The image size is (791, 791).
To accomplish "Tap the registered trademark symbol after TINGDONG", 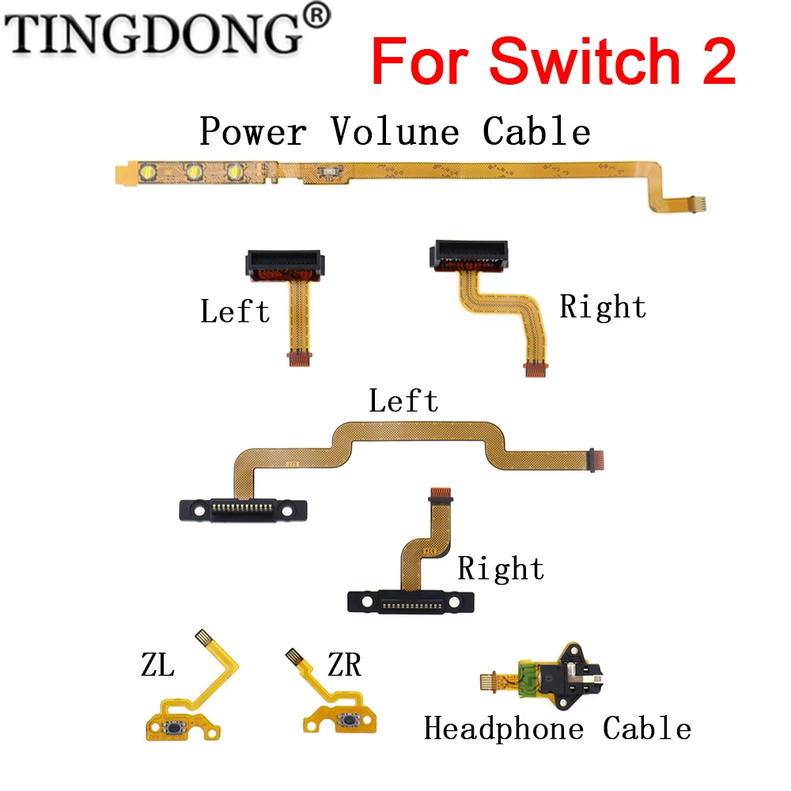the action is click(x=316, y=16).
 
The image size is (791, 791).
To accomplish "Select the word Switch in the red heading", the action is click(x=585, y=61).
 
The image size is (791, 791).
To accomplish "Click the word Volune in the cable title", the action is click(x=395, y=131).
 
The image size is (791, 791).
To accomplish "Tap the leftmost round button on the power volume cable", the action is click(x=148, y=172).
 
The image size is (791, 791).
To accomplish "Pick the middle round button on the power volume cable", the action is click(x=195, y=172).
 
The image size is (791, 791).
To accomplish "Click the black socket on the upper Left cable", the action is click(x=285, y=263).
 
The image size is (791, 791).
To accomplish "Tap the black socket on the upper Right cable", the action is click(x=469, y=254).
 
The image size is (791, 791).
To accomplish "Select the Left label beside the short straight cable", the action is click(x=235, y=311).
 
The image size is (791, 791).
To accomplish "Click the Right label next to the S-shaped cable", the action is click(x=603, y=307).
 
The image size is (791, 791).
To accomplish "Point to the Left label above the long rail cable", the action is click(x=403, y=401).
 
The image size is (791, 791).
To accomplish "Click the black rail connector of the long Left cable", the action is click(x=243, y=510).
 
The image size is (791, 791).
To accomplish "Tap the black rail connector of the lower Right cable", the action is click(x=411, y=602).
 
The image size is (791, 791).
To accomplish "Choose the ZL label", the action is click(x=158, y=665).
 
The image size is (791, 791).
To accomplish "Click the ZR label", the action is click(x=345, y=664).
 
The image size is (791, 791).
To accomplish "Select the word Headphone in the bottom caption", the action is click(x=504, y=729).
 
